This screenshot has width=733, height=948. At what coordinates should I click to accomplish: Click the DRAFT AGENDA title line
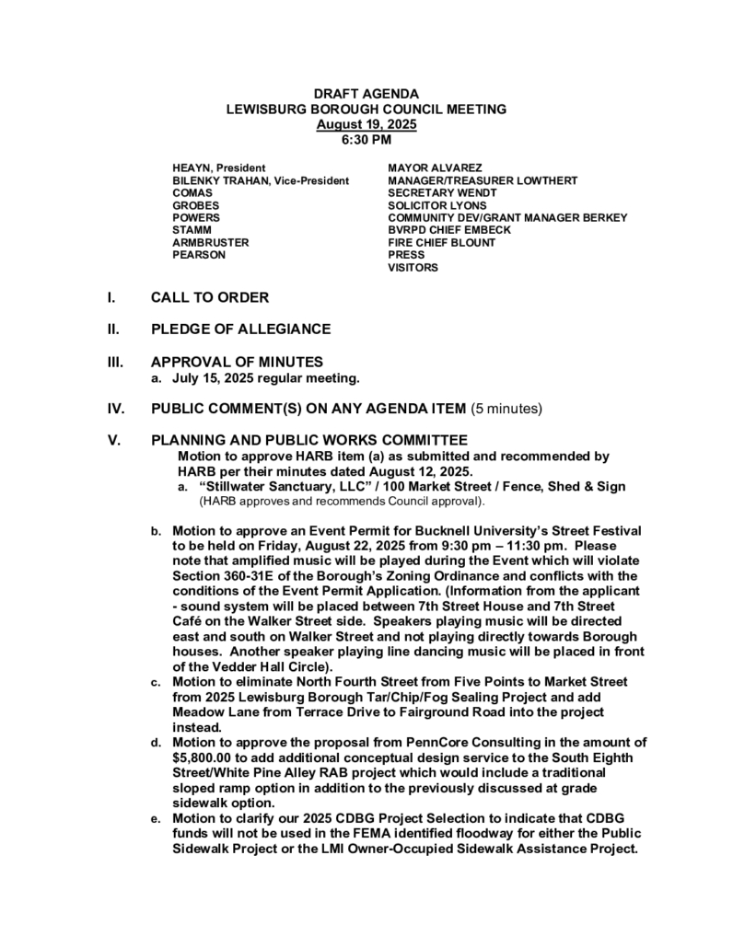click(366, 95)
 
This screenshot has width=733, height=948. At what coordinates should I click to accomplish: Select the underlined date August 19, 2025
click(366, 124)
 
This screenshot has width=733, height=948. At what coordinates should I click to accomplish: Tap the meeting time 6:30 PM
click(366, 139)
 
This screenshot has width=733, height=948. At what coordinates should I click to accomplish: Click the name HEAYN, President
click(219, 168)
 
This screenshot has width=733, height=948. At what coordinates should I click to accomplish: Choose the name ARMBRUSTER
click(211, 243)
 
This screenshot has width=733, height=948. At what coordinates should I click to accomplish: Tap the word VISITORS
click(413, 268)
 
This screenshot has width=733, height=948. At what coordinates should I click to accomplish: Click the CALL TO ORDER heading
click(210, 298)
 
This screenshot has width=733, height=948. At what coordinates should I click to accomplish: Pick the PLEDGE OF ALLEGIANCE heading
click(240, 329)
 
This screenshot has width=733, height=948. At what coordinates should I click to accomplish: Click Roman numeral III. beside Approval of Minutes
click(114, 362)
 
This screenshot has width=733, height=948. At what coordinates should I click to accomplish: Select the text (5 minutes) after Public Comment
click(506, 408)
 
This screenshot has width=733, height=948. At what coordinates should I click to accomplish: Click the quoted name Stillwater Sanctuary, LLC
click(278, 486)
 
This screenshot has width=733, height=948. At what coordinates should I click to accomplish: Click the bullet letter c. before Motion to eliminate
click(157, 682)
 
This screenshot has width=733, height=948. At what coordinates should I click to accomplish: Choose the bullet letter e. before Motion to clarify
click(157, 818)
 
